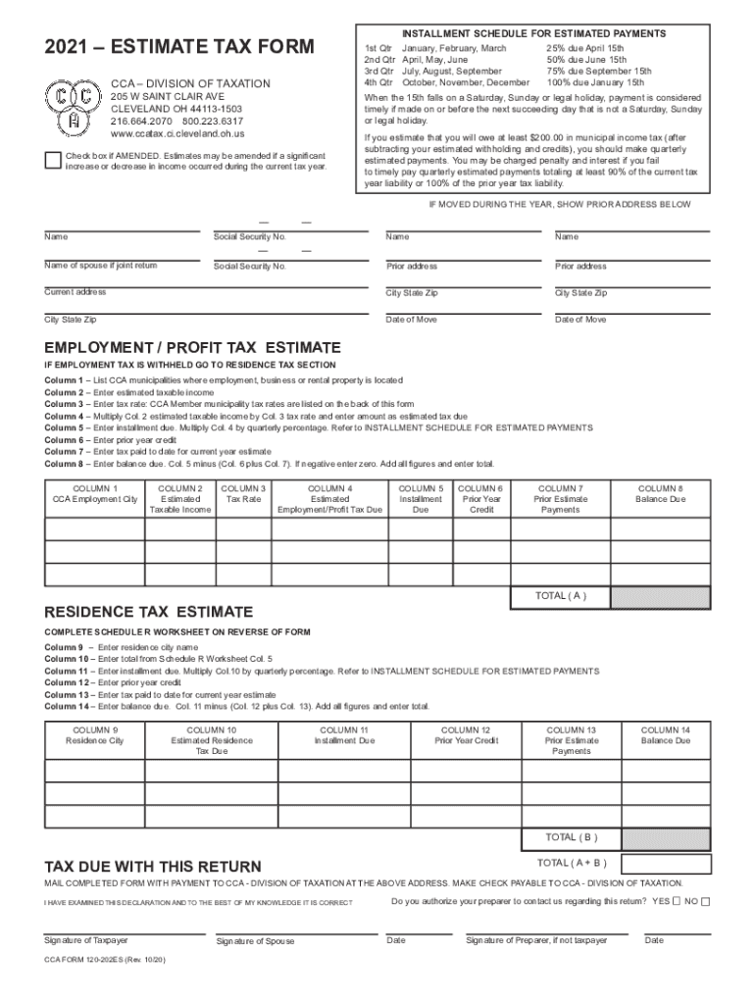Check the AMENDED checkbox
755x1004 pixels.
coord(53,161)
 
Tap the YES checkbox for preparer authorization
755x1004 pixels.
coord(677,901)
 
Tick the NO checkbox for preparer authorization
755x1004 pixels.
coord(706,901)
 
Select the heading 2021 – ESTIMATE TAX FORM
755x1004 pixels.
coord(179,46)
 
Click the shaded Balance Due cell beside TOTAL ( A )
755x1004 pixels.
coord(660,596)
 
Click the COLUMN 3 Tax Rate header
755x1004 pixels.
coord(243,493)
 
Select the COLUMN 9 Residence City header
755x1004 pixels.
coord(95,735)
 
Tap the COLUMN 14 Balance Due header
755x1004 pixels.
coord(666,735)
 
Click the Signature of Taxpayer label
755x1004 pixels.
coord(86,940)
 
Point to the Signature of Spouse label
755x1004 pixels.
coord(254,941)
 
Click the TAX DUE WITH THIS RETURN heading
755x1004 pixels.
coord(153,867)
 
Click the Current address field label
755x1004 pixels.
coord(75,292)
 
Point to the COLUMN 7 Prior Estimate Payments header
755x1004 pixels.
coord(560,498)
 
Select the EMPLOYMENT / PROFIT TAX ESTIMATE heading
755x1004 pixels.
coord(192,348)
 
